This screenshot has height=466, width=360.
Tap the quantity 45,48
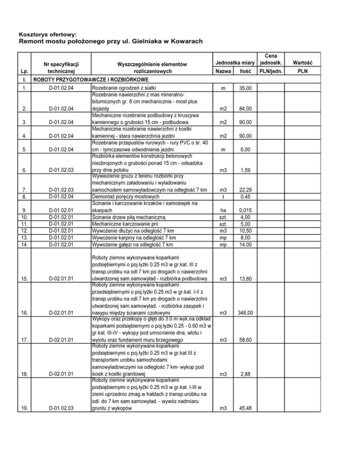[x=243, y=408]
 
